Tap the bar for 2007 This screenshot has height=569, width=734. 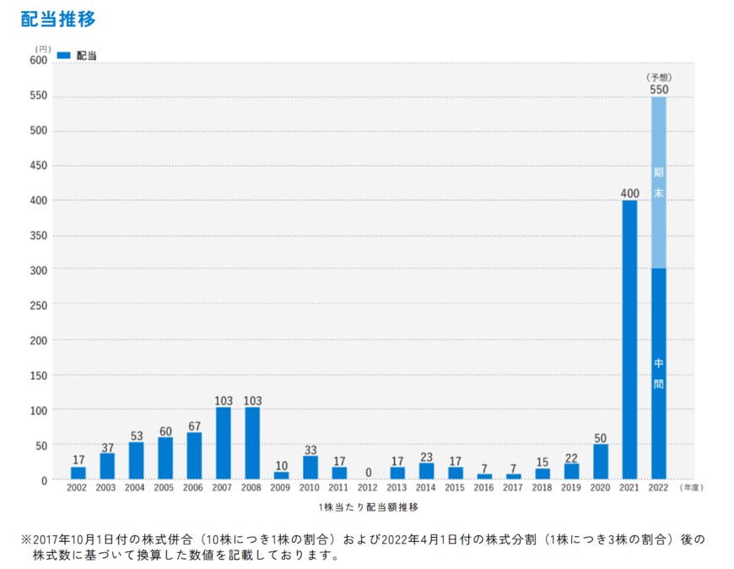tap(224, 443)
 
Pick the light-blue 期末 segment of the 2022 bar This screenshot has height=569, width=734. tap(659, 182)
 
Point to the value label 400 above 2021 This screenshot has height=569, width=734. tap(629, 193)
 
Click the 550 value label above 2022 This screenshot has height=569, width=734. tap(659, 89)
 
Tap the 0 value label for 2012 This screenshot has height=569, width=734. tap(369, 473)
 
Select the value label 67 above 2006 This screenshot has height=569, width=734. tap(194, 425)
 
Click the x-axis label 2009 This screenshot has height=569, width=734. tap(281, 488)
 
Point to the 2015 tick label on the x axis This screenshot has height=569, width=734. tap(456, 488)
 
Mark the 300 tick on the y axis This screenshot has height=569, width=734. tap(39, 269)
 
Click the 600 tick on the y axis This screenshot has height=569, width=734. tap(39, 60)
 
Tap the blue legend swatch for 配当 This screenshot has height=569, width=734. tap(63, 55)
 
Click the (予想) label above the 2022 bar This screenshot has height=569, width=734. tap(659, 77)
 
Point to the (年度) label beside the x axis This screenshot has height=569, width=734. tap(691, 488)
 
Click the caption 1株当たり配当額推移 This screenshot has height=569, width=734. tap(369, 507)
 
